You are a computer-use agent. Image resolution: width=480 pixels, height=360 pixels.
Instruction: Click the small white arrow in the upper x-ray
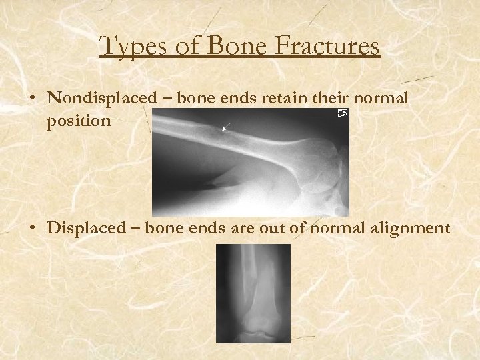click(x=227, y=127)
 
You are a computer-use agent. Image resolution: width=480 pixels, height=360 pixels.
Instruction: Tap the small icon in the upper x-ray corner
click(x=343, y=115)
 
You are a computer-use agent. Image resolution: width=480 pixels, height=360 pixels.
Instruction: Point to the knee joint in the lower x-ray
click(x=253, y=327)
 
